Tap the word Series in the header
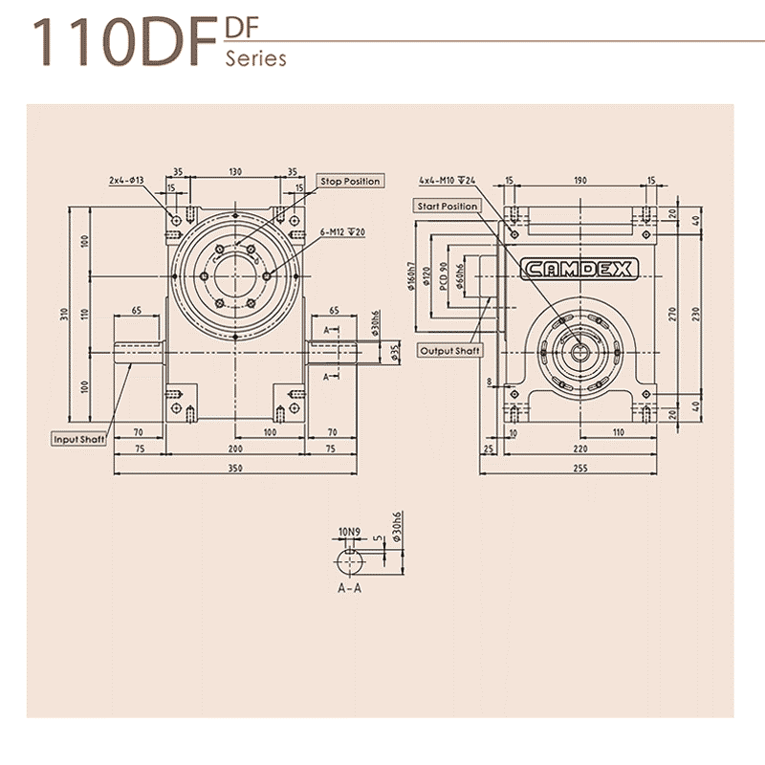tap(255, 58)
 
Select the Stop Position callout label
tap(350, 181)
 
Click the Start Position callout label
tap(447, 206)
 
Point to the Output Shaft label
tap(451, 351)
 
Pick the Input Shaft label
tap(80, 439)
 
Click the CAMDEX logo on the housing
tap(579, 271)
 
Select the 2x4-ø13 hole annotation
tap(125, 180)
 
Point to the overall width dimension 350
tap(234, 469)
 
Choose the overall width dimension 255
tap(580, 469)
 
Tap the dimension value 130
tap(234, 173)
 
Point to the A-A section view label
tap(349, 588)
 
